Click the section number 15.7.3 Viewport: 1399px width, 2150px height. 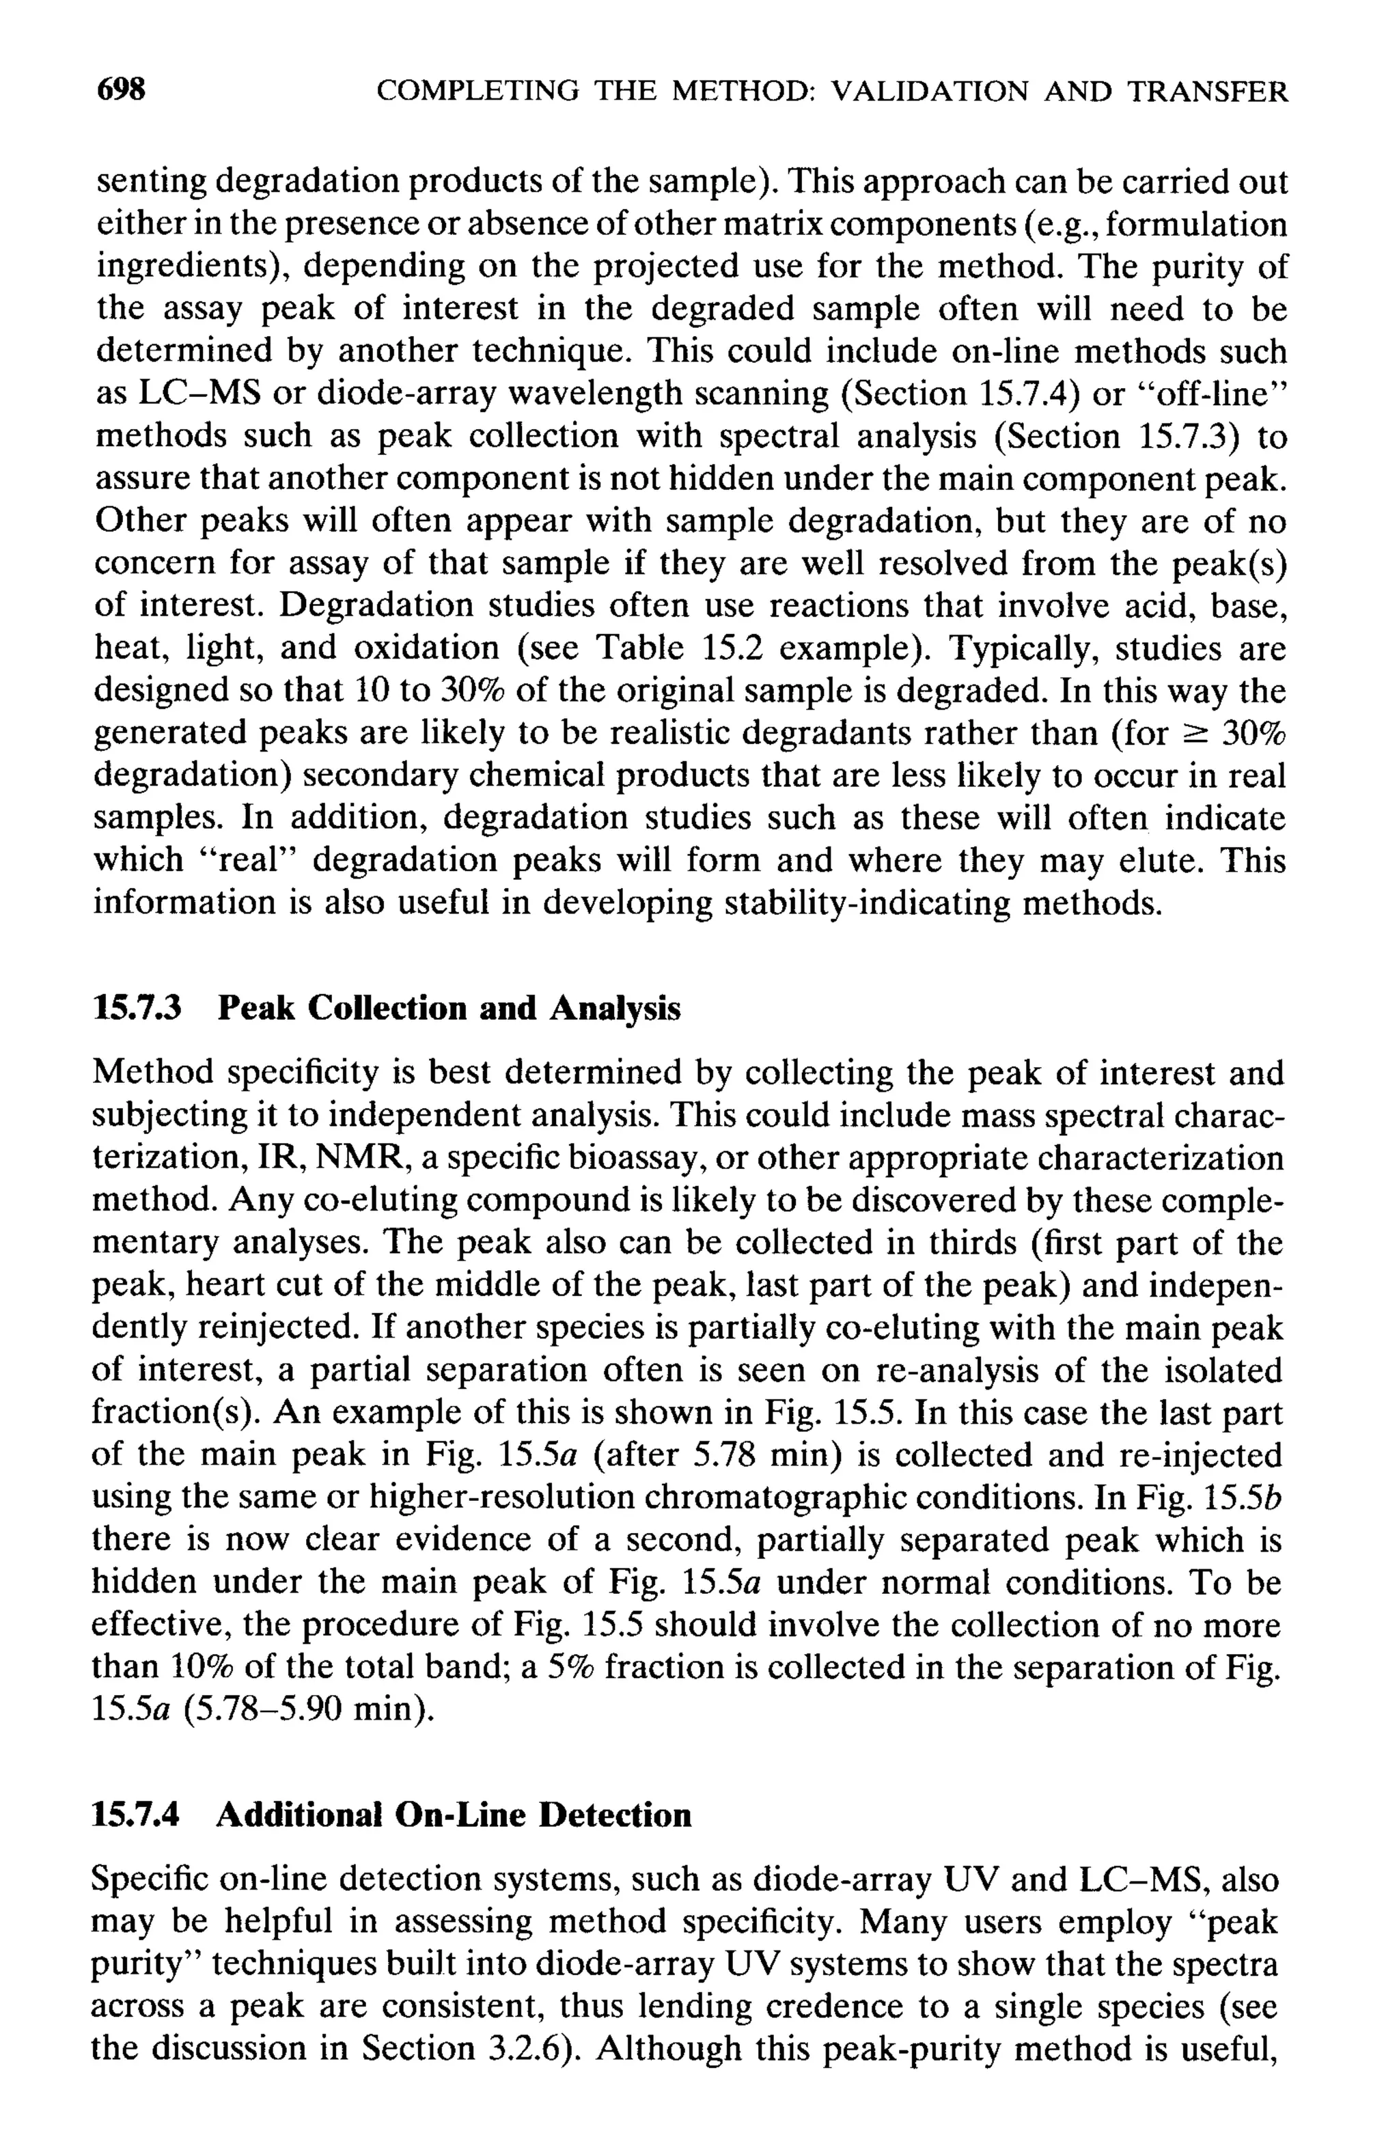pyautogui.click(x=138, y=1008)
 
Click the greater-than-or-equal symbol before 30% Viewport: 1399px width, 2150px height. pyautogui.click(x=1196, y=734)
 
